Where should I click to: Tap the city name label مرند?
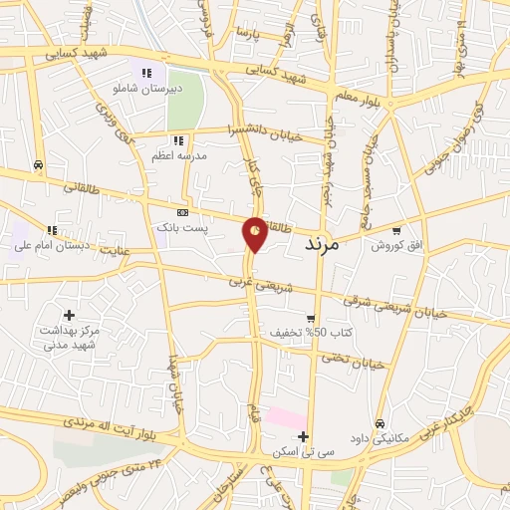pyautogui.click(x=319, y=243)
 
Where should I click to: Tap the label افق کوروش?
pyautogui.click(x=396, y=245)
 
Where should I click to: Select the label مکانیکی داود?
pyautogui.click(x=380, y=436)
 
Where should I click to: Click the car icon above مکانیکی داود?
pyautogui.click(x=380, y=422)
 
